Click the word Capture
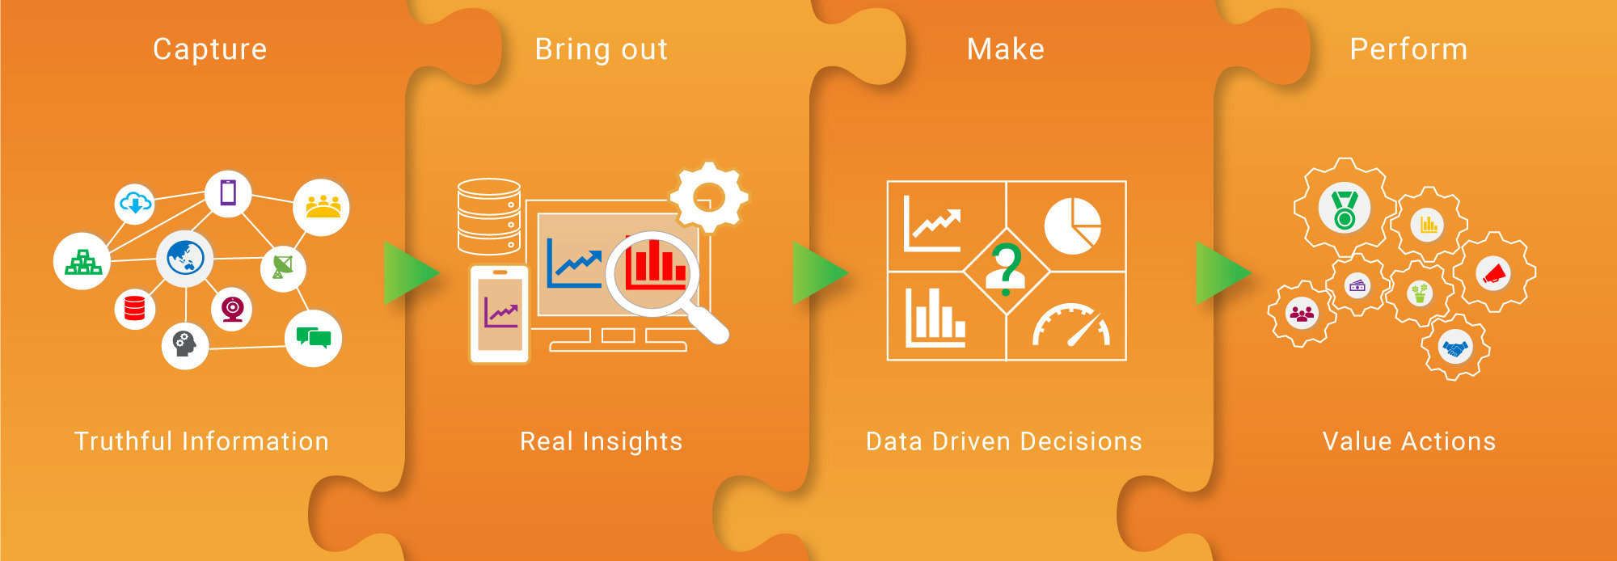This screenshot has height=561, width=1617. click(x=210, y=49)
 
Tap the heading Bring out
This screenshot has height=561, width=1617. click(x=602, y=49)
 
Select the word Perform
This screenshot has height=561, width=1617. click(x=1408, y=49)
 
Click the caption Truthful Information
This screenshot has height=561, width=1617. click(x=201, y=441)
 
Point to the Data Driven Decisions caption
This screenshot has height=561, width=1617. click(x=1004, y=441)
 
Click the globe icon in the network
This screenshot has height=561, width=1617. click(x=185, y=259)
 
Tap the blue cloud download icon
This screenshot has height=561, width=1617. click(x=135, y=204)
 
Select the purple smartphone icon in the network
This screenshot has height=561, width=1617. click(x=228, y=193)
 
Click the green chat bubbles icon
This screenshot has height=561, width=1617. click(x=314, y=338)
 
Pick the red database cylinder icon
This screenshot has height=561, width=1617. click(x=135, y=309)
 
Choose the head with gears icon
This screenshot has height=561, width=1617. click(x=185, y=346)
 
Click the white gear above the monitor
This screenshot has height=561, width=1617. click(x=709, y=196)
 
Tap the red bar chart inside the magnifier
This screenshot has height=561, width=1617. click(x=655, y=263)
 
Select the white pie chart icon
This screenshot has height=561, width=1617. click(x=1073, y=226)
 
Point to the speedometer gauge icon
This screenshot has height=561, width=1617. click(x=1071, y=325)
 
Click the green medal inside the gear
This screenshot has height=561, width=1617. click(x=1345, y=209)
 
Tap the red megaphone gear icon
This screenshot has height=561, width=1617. click(x=1495, y=272)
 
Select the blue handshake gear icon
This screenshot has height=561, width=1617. click(x=1456, y=348)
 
